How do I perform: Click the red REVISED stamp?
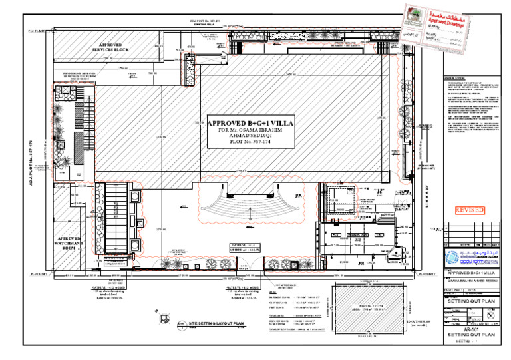tap(469, 210)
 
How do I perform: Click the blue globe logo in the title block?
tap(452, 260)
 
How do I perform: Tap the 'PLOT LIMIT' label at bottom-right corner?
tap(431, 273)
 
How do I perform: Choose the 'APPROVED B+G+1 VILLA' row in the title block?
tap(473, 274)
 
